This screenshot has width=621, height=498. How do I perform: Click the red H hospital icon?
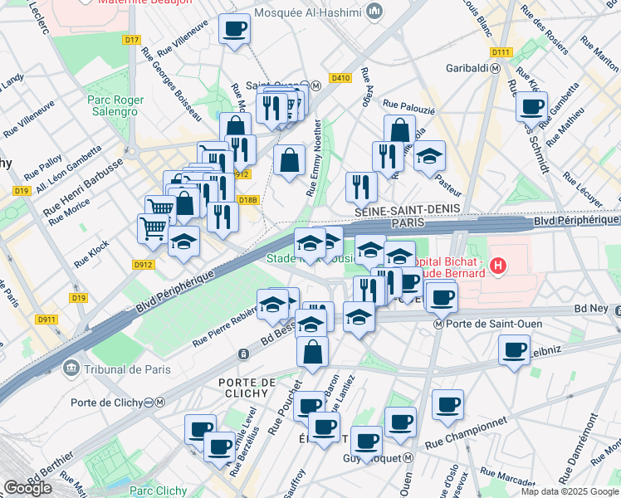[498, 266]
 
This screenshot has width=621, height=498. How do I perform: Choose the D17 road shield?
[131, 39]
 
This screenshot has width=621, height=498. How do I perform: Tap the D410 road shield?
[340, 78]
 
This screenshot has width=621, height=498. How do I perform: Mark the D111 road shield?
[500, 52]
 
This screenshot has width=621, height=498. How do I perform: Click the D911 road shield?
[46, 319]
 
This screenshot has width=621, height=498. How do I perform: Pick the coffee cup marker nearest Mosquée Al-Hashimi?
[234, 30]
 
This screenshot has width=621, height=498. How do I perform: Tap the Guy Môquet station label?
[372, 458]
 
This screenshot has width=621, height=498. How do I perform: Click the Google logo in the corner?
[27, 488]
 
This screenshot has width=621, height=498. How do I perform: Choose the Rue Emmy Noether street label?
[315, 157]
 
